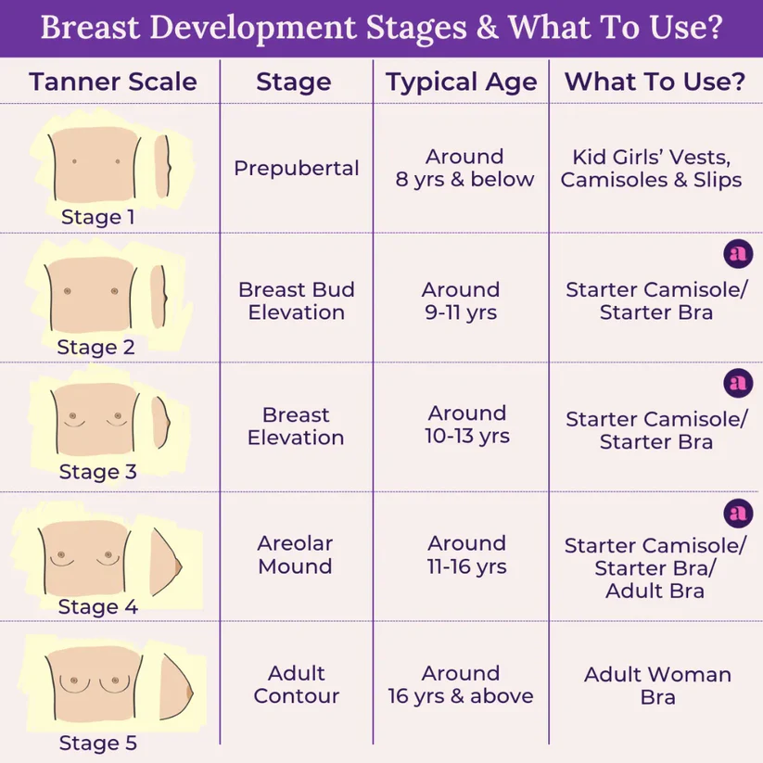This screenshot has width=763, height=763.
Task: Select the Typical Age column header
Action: (x=462, y=82)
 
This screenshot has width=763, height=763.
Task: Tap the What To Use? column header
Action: (x=655, y=82)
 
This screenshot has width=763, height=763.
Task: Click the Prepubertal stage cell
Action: (x=297, y=169)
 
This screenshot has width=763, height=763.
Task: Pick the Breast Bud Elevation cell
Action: (x=297, y=301)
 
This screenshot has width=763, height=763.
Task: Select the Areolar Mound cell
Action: (x=296, y=554)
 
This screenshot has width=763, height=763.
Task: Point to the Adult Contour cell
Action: (x=297, y=684)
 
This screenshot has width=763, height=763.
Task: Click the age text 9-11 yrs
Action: (x=461, y=312)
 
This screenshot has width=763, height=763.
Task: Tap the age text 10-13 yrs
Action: (x=467, y=436)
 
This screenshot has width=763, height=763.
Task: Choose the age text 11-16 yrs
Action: (x=466, y=566)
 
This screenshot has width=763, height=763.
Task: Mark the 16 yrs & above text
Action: (x=461, y=696)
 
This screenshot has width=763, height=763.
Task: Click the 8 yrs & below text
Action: (x=465, y=179)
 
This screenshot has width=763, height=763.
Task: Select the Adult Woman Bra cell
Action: (x=657, y=685)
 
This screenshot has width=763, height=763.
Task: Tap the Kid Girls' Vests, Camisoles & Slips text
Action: (x=652, y=168)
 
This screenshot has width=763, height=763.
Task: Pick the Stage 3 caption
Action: (x=97, y=472)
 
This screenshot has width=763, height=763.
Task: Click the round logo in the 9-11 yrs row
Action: (x=736, y=253)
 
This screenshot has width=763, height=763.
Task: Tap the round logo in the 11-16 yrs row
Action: (x=737, y=512)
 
